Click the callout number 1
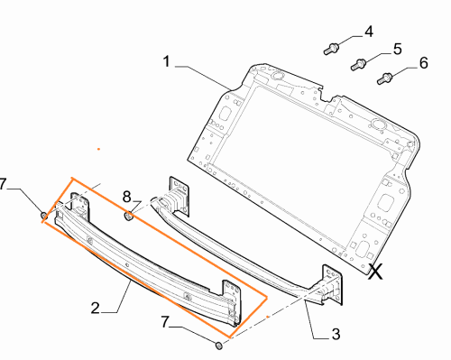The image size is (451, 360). click(167, 61)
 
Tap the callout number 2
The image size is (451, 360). click(95, 309)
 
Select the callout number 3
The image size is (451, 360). click(336, 334)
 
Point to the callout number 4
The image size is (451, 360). click(369, 32)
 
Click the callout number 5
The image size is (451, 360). click(397, 49)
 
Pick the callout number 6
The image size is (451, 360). click(423, 63)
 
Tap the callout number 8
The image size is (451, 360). click(127, 197)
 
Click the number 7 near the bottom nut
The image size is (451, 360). click(166, 322)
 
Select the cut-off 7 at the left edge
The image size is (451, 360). click(3, 184)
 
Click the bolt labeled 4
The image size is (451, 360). click(331, 49)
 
